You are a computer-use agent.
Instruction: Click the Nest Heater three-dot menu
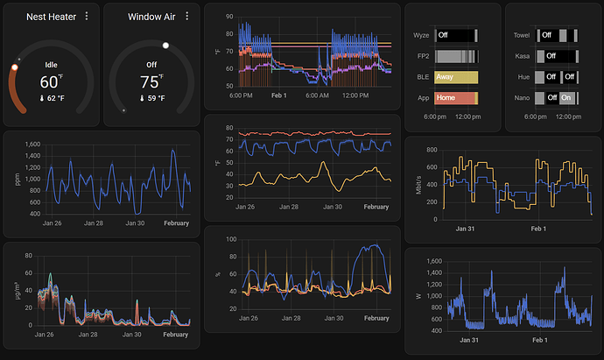pyautogui.click(x=87, y=16)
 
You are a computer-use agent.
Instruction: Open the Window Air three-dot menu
pyautogui.click(x=187, y=16)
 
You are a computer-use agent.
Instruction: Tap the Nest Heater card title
pyautogui.click(x=52, y=17)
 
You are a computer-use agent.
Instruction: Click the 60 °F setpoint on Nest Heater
pyautogui.click(x=52, y=81)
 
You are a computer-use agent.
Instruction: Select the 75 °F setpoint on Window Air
pyautogui.click(x=151, y=81)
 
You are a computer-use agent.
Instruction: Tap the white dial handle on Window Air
pyautogui.click(x=165, y=46)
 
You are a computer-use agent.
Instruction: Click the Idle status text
pyautogui.click(x=52, y=65)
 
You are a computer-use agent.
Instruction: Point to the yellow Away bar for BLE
pyautogui.click(x=456, y=77)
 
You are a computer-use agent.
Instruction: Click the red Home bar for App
pyautogui.click(x=456, y=98)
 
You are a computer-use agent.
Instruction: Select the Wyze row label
pyautogui.click(x=421, y=35)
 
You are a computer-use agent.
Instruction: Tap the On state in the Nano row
pyautogui.click(x=567, y=98)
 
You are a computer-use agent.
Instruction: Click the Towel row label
pyautogui.click(x=522, y=35)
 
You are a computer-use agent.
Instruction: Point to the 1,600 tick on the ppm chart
pyautogui.click(x=32, y=145)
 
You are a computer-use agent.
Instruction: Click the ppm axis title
pyautogui.click(x=17, y=180)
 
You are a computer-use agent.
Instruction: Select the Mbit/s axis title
pyautogui.click(x=418, y=185)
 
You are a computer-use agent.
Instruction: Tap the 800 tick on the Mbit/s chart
pyautogui.click(x=432, y=150)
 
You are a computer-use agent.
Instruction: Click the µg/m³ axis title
pyautogui.click(x=17, y=291)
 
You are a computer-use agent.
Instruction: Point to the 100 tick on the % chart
pyautogui.click(x=231, y=239)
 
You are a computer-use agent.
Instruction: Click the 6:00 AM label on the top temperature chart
pyautogui.click(x=317, y=95)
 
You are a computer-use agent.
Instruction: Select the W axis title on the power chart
pyautogui.click(x=418, y=296)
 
